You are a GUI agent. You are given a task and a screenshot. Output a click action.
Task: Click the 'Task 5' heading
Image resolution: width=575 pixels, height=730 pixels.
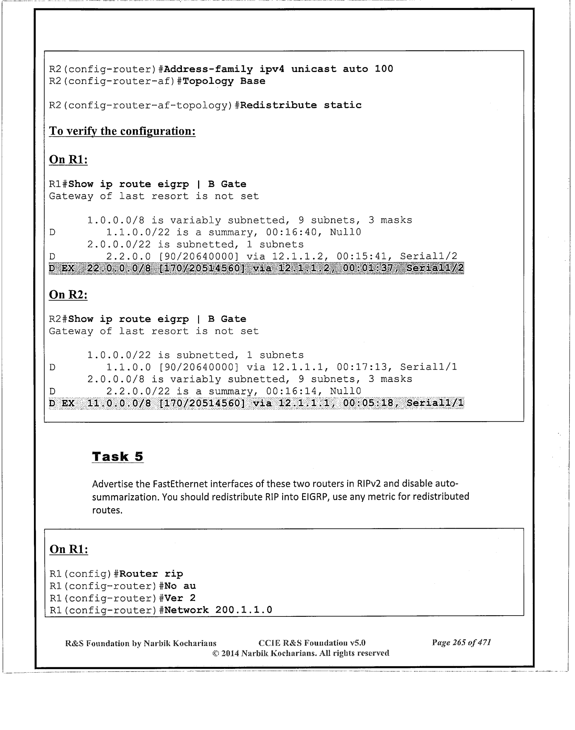[x=118, y=457]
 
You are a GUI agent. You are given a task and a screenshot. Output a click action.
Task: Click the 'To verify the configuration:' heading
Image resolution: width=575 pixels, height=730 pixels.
[x=122, y=131]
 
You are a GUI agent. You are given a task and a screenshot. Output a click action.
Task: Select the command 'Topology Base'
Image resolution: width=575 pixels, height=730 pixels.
[x=224, y=81]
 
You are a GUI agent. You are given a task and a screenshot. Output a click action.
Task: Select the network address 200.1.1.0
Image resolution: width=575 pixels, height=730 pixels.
[x=244, y=610]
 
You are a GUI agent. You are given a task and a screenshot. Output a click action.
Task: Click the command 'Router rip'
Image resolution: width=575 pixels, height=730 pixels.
[x=151, y=574]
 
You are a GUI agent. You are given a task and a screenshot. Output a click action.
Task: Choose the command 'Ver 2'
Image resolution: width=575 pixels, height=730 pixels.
[x=180, y=598]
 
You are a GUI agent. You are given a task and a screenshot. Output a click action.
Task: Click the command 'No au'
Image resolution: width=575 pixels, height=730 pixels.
[x=180, y=586]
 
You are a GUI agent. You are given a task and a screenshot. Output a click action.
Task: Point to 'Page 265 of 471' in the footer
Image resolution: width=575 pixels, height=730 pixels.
[x=461, y=643]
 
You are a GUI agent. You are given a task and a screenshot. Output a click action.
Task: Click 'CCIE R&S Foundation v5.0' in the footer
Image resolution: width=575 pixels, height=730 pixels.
[x=312, y=643]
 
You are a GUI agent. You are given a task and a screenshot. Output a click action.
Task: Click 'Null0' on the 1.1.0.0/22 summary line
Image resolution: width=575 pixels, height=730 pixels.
[x=345, y=233]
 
